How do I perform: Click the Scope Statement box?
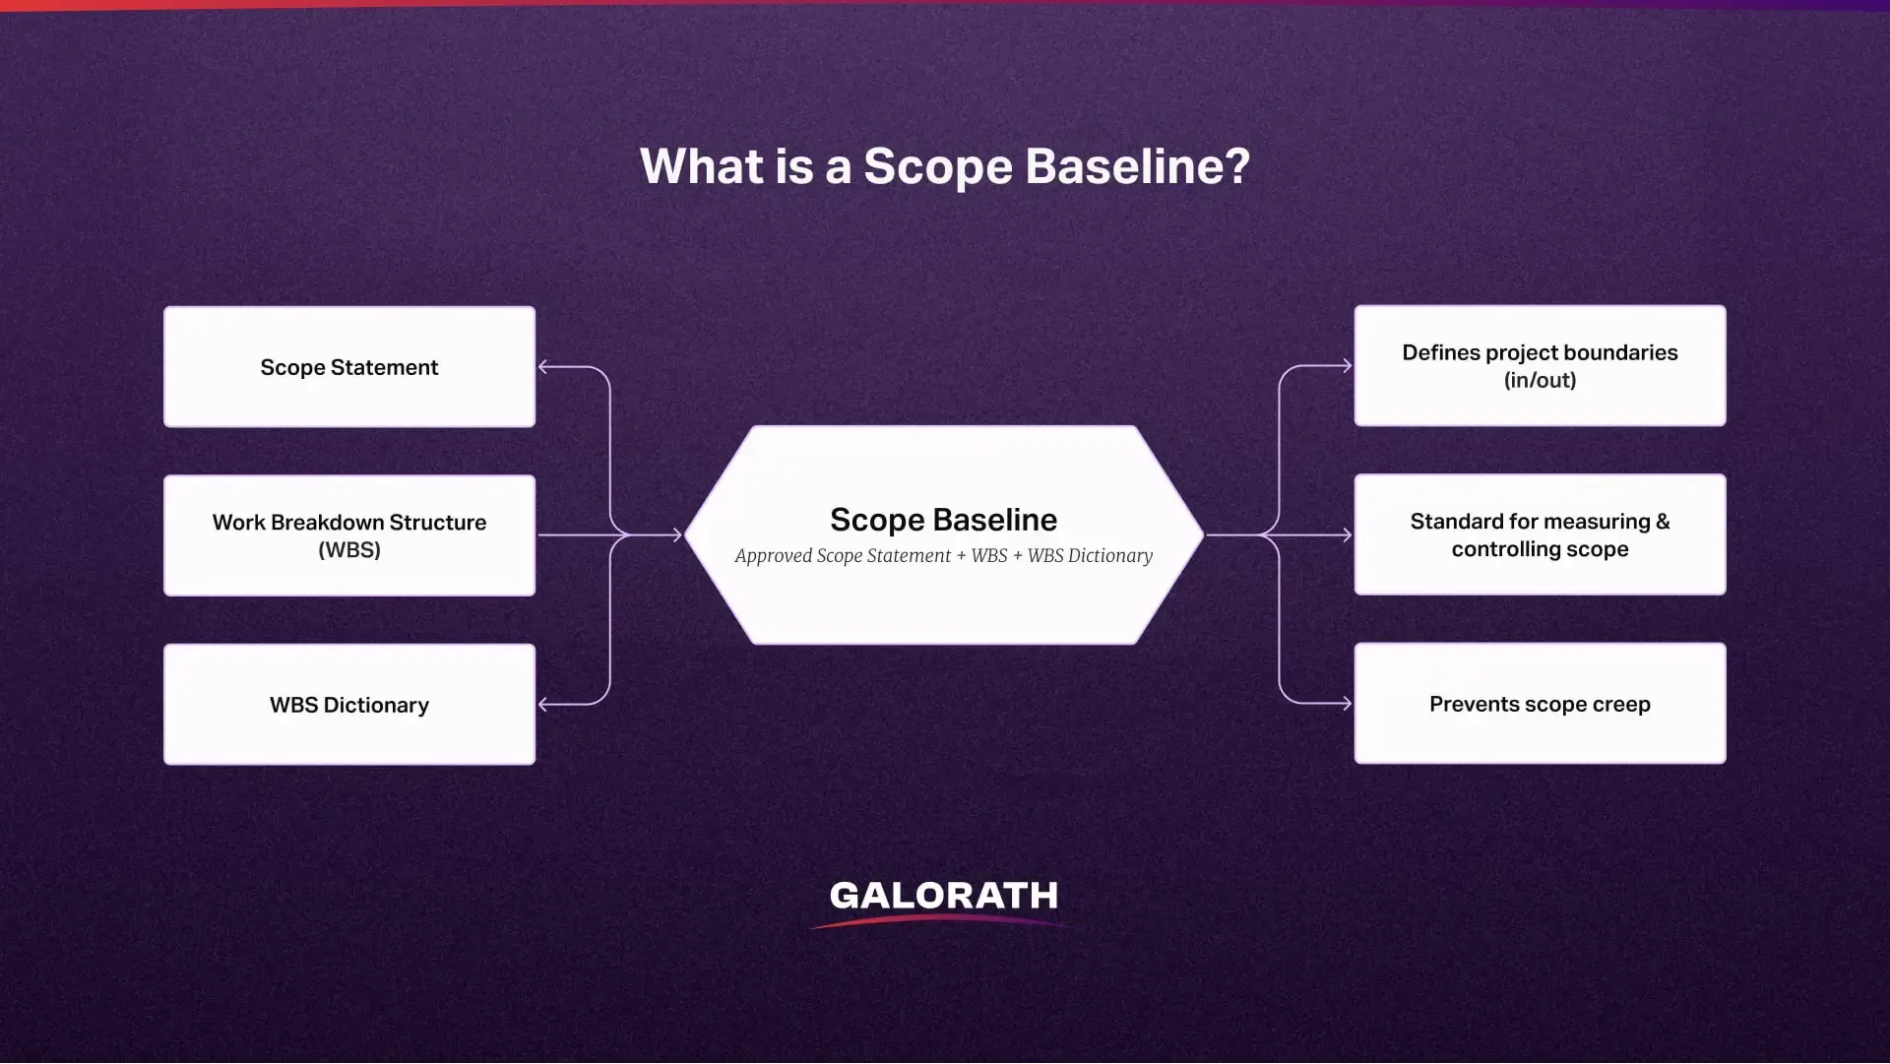pyautogui.click(x=349, y=367)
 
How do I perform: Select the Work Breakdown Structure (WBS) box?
pyautogui.click(x=349, y=535)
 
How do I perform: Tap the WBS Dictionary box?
pyautogui.click(x=349, y=705)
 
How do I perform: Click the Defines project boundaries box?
pyautogui.click(x=1540, y=366)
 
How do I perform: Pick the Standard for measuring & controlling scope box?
pyautogui.click(x=1540, y=534)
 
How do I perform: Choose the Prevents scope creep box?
pyautogui.click(x=1540, y=704)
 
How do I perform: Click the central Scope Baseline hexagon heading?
pyautogui.click(x=943, y=520)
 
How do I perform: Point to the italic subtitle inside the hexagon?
pyautogui.click(x=943, y=556)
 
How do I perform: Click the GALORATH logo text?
pyautogui.click(x=943, y=896)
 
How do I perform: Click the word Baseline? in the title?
pyautogui.click(x=1137, y=166)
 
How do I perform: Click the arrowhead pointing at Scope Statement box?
pyautogui.click(x=543, y=367)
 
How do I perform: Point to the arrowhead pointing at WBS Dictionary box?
pyautogui.click(x=543, y=705)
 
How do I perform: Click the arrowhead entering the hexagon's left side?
pyautogui.click(x=677, y=535)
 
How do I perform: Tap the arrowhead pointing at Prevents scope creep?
pyautogui.click(x=1347, y=704)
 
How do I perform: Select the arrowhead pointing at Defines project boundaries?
pyautogui.click(x=1347, y=366)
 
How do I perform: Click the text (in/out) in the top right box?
pyautogui.click(x=1540, y=381)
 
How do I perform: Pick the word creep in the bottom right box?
pyautogui.click(x=1621, y=705)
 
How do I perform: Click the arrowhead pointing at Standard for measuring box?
pyautogui.click(x=1347, y=535)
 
